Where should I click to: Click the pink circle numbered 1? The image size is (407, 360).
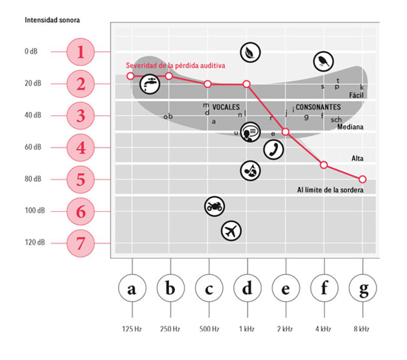click(80, 52)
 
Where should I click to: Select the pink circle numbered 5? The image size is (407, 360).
click(80, 179)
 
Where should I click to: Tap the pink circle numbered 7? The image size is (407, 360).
click(80, 243)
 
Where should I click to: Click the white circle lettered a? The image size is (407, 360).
click(132, 288)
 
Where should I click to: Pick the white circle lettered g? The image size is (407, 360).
click(363, 288)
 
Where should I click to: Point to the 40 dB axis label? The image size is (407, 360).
click(33, 115)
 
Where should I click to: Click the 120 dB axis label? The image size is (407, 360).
click(35, 242)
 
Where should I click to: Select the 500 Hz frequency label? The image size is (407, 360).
click(209, 329)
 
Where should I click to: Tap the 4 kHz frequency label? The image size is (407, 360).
click(323, 329)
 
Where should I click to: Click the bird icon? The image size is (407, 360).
click(323, 62)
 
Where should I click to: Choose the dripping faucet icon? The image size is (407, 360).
click(150, 84)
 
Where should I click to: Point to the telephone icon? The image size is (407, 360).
click(273, 150)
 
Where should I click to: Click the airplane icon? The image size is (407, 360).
click(231, 231)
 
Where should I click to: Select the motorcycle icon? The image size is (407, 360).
click(215, 207)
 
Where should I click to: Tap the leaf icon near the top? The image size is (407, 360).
click(250, 52)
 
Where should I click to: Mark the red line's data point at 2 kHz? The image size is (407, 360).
click(285, 131)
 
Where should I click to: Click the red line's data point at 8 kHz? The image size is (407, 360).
click(362, 179)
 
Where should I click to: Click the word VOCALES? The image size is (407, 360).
click(226, 107)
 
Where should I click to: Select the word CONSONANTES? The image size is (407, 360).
click(318, 107)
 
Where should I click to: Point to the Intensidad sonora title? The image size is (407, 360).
click(52, 20)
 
